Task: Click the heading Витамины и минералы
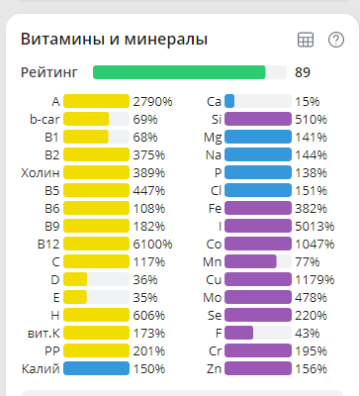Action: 114,39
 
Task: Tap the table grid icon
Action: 306,40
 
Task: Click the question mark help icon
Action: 336,40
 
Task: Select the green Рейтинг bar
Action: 179,72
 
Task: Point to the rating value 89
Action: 303,72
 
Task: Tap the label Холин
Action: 41,172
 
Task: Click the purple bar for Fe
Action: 257,208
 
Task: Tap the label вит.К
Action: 43,333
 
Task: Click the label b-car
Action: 45,119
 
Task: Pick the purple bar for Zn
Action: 257,368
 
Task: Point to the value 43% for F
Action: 308,333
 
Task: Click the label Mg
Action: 213,137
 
